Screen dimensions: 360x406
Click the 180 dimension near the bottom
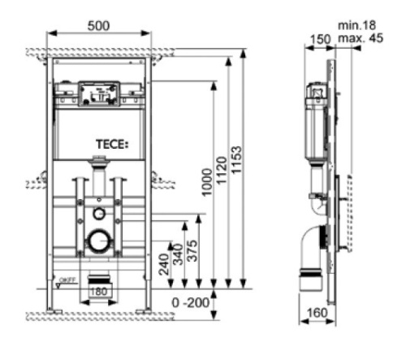click(99, 290)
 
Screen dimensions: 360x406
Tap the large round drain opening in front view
click(99, 241)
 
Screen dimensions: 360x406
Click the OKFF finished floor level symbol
click(64, 282)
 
